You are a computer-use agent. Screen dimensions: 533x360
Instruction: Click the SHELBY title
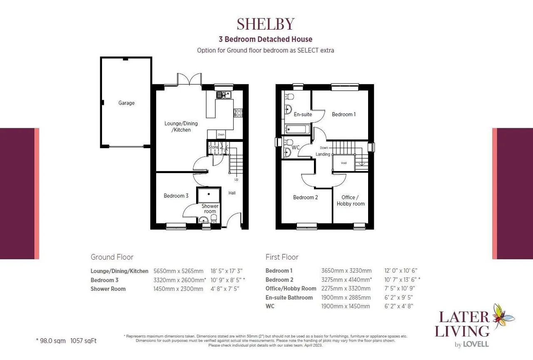pyautogui.click(x=266, y=24)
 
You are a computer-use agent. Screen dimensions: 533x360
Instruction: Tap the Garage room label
pyautogui.click(x=126, y=103)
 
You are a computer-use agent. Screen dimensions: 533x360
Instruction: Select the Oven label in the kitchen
pyautogui.click(x=221, y=134)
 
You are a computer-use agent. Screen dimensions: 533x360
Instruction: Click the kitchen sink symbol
pyautogui.click(x=224, y=95)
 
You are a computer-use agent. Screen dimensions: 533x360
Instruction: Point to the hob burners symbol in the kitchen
pyautogui.click(x=238, y=113)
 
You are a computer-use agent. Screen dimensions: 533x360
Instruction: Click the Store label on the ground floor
pyautogui.click(x=213, y=147)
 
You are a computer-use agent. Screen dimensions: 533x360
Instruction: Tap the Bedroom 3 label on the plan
pyautogui.click(x=176, y=196)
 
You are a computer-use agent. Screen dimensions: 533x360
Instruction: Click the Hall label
pyautogui.click(x=232, y=193)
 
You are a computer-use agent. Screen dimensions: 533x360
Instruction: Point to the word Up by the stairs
pyautogui.click(x=236, y=179)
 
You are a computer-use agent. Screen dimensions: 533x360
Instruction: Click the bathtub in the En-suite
pyautogui.click(x=297, y=129)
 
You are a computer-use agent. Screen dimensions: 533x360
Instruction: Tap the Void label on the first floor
pyautogui.click(x=344, y=163)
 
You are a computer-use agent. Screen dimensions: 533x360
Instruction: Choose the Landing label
pyautogui.click(x=323, y=154)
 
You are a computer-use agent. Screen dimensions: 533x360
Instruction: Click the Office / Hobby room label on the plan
pyautogui.click(x=351, y=201)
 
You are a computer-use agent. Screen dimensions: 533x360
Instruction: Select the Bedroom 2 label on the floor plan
pyautogui.click(x=305, y=197)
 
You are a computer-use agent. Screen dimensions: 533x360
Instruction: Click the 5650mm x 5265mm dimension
pyautogui.click(x=178, y=271)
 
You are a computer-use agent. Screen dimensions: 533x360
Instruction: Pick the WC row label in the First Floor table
pyautogui.click(x=270, y=306)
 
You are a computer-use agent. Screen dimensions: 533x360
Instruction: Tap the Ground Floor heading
pyautogui.click(x=112, y=257)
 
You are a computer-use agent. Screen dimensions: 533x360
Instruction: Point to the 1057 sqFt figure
pyautogui.click(x=83, y=341)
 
